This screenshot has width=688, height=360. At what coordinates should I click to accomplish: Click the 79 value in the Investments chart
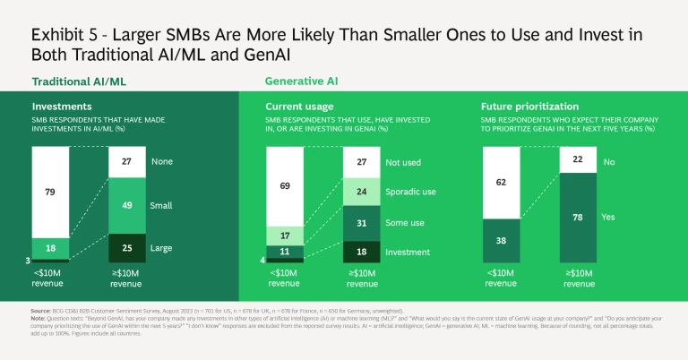50,192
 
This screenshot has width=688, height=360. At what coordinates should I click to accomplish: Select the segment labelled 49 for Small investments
127,204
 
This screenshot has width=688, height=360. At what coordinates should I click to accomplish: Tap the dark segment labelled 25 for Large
127,247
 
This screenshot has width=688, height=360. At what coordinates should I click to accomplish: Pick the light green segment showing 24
361,191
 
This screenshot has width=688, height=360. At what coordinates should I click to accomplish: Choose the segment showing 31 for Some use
361,223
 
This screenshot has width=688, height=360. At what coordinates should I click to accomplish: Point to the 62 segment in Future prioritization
502,182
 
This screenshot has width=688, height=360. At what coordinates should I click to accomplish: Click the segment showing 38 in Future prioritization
502,240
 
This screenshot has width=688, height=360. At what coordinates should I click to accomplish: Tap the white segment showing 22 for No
578,159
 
